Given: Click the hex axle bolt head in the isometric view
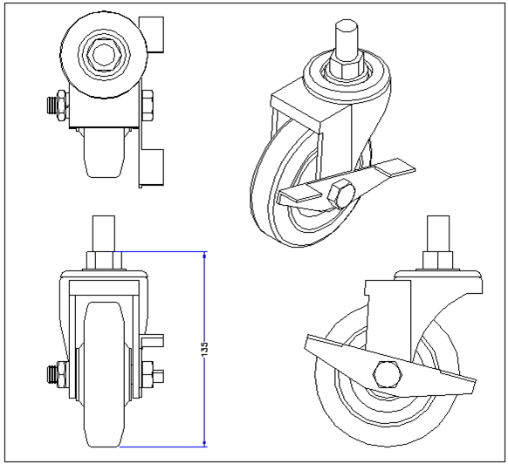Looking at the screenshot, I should pos(341,195).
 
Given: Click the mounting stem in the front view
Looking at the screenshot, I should pos(104,233).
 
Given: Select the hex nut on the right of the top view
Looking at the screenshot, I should pos(148,108).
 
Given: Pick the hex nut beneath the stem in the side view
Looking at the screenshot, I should pos(436,260).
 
